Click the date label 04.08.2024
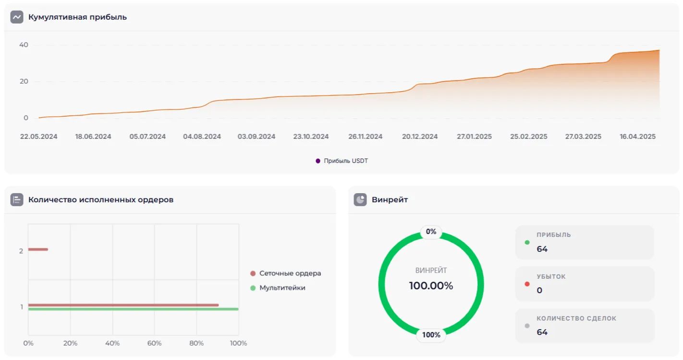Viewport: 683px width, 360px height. coord(202,137)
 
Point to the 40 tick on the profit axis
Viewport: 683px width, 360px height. coord(24,45)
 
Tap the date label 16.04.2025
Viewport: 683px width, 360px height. coord(637,137)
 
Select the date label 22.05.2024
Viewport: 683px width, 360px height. coord(38,137)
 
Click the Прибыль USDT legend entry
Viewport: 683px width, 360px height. coord(341,161)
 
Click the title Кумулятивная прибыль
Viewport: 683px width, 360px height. coord(77,17)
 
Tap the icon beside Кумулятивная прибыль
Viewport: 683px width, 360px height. coord(17,17)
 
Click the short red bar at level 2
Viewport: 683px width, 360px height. coord(38,249)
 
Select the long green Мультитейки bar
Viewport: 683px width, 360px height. coord(133,309)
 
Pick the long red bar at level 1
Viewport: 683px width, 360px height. coord(123,305)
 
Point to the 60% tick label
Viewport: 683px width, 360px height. coord(154,343)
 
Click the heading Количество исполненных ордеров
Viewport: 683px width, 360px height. coord(101,199)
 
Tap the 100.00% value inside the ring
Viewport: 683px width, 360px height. coord(431,286)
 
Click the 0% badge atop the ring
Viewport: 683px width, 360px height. coord(431,232)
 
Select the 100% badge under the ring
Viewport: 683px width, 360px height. coord(431,335)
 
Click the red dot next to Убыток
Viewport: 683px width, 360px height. coord(527,284)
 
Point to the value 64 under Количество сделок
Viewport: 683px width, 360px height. coord(542,332)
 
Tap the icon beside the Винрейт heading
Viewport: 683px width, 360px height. coord(360,199)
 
